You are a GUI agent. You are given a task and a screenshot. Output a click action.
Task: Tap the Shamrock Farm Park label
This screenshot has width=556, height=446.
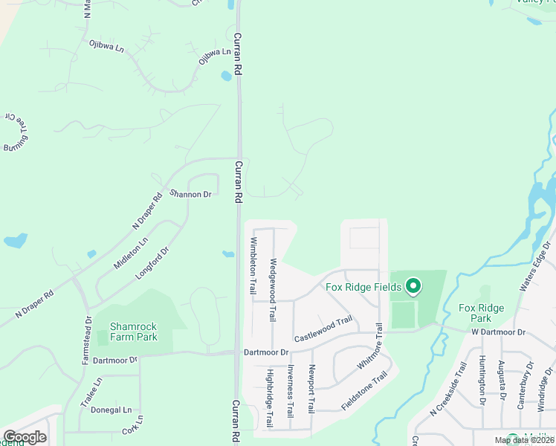(134, 331)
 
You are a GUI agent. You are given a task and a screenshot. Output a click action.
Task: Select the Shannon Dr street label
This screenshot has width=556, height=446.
(191, 194)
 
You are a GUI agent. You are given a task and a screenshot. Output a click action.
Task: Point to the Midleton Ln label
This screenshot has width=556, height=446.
(131, 253)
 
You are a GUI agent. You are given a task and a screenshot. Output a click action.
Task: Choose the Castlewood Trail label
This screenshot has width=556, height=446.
(323, 328)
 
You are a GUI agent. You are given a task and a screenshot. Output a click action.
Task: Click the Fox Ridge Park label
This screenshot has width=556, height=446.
(481, 313)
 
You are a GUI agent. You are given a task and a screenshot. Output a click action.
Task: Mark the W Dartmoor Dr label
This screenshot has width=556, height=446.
(498, 332)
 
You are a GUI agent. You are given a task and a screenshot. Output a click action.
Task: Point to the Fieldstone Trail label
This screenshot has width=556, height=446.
(365, 392)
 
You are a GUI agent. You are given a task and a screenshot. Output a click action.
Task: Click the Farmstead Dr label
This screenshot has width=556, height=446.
(87, 340)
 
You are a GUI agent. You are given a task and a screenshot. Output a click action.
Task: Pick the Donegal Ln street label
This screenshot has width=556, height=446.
(111, 410)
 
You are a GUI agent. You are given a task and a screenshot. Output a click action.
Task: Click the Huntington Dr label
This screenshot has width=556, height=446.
(482, 381)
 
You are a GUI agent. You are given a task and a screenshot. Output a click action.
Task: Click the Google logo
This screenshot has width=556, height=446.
(25, 437)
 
